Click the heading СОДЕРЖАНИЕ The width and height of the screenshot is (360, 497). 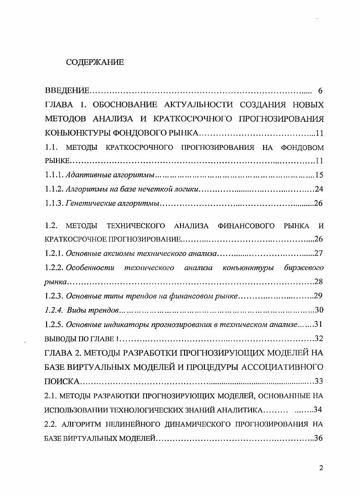(95, 62)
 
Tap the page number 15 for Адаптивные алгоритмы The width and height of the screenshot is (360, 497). (319, 175)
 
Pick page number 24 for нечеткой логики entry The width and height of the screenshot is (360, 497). (318, 189)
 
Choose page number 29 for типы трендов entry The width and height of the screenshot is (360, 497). (318, 296)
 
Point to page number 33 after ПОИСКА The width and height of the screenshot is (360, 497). (318, 381)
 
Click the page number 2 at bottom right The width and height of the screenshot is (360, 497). (321, 468)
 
